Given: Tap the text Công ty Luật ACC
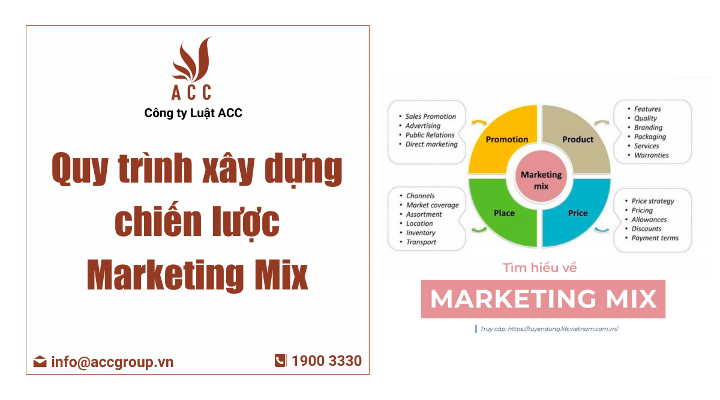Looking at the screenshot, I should pos(193,113).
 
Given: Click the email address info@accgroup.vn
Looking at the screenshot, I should pos(112,362).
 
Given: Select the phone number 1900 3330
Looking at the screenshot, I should pos(326,361).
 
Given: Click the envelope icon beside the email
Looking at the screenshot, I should pos(40,362).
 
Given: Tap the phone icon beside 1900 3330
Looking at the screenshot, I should pos(280,360).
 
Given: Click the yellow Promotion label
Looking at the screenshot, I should pos(507,139).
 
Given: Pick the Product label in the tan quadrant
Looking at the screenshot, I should pos(578,139).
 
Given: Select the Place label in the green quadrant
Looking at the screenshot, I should pos(504,213).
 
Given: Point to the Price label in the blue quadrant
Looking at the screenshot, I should pos(578,213).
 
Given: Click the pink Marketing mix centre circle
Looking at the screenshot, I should pos(541,180).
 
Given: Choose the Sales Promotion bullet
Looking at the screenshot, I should pos(430,117).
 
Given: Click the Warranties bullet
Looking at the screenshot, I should pos(651,155).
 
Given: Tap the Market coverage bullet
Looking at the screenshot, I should pos(432,205).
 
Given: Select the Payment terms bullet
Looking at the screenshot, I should pos(655,238).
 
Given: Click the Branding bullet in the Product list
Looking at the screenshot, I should pos(648,127).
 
